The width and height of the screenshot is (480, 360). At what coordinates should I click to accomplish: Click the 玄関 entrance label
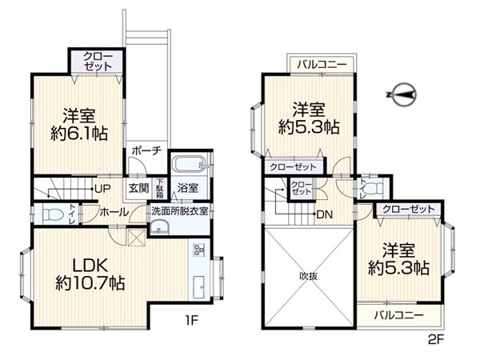coord(138,189)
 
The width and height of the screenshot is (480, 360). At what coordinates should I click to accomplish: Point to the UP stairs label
coord(103,189)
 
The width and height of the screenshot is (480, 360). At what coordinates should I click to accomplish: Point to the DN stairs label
coord(325,214)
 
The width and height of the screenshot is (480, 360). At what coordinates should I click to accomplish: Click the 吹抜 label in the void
coord(308,277)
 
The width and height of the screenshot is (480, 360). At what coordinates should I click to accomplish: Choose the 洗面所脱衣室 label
coord(180,211)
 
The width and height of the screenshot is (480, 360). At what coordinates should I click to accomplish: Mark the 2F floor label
coord(434,337)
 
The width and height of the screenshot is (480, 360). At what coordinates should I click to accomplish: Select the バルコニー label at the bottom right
coord(398,315)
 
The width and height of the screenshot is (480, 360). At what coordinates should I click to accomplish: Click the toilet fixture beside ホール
coord(54,215)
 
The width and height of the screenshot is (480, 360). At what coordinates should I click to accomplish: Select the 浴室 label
coord(188,189)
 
